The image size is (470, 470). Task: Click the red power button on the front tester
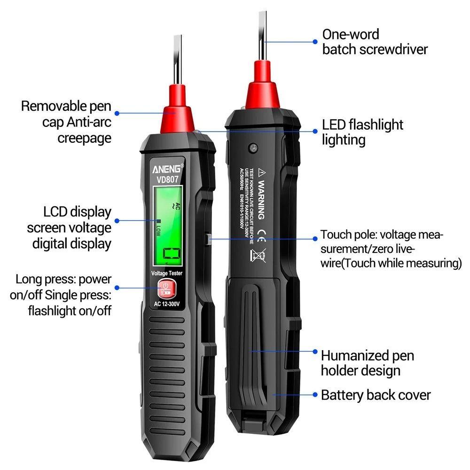[x=166, y=288]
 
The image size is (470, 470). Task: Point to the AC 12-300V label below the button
[x=166, y=303]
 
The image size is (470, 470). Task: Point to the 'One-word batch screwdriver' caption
[x=375, y=41]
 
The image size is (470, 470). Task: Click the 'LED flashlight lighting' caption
[x=362, y=132]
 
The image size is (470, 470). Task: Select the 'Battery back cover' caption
[x=376, y=395]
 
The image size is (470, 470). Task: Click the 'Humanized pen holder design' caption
[x=367, y=362]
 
